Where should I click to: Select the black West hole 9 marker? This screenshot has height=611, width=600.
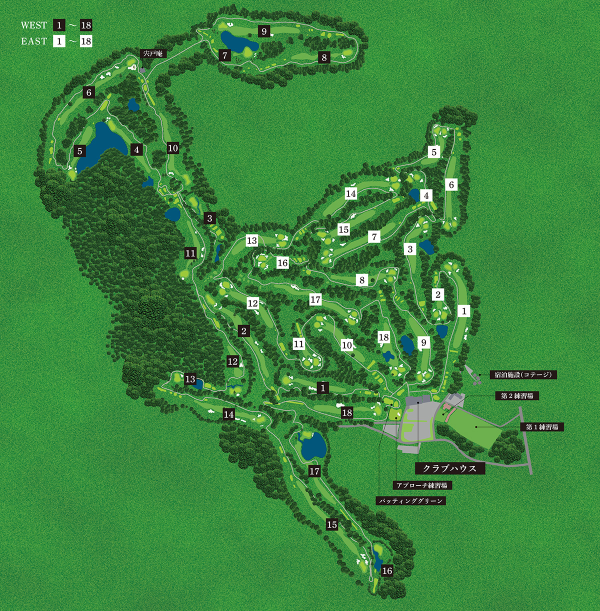coord(264,31)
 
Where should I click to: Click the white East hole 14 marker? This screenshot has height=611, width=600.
coord(351,193)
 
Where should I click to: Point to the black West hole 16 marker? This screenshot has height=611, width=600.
coord(387,571)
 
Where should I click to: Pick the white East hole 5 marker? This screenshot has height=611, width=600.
coord(434,152)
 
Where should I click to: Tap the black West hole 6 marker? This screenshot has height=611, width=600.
coord(89,92)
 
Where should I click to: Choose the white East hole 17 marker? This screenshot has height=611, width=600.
coord(315,299)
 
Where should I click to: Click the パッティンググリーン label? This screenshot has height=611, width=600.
coord(410,500)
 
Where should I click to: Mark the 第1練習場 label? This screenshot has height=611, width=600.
coord(541,427)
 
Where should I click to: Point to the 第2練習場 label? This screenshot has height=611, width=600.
coord(516,395)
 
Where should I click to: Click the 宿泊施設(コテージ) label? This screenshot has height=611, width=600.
coord(523,374)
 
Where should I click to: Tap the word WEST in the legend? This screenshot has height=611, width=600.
coord(34,25)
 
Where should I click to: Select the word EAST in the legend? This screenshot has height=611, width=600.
coord(34,41)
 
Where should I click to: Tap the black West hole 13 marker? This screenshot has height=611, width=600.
coord(190,379)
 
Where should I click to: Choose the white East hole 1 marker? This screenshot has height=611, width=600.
coord(464,311)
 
